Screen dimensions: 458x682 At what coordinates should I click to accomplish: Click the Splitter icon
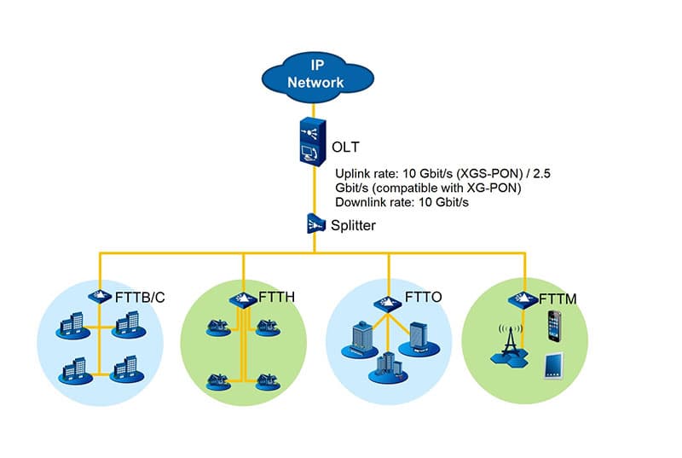[x=313, y=224]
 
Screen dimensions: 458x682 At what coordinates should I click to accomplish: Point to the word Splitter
[x=352, y=226]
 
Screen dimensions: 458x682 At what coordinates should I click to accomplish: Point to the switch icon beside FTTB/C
[x=99, y=295]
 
